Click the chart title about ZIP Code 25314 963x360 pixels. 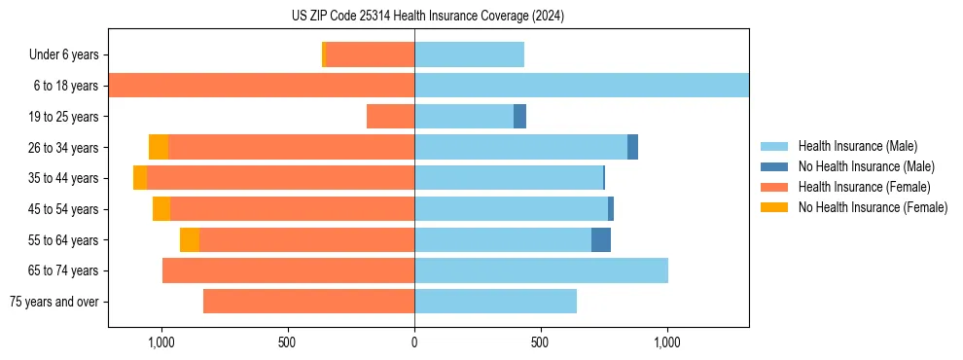[x=428, y=17]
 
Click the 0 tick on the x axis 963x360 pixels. [x=414, y=342]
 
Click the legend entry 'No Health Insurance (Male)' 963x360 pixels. [x=865, y=166]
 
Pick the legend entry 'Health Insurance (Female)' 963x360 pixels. [x=864, y=187]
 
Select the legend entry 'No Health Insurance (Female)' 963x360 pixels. [x=872, y=207]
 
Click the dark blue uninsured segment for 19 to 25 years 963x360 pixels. [x=519, y=117]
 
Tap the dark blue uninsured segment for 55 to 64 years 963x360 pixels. [x=601, y=239]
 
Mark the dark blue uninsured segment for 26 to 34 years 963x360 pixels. [x=632, y=147]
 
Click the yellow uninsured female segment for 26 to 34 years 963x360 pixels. [x=159, y=147]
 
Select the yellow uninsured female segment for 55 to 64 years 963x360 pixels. [x=190, y=239]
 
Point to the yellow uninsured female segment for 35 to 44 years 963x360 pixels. [x=140, y=178]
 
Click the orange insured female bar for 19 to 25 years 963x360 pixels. [x=390, y=117]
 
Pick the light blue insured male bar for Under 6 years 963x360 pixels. [x=469, y=55]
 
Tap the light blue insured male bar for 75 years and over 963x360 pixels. [x=495, y=302]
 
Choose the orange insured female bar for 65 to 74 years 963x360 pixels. [x=288, y=270]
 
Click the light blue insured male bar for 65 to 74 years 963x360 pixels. [x=541, y=270]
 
